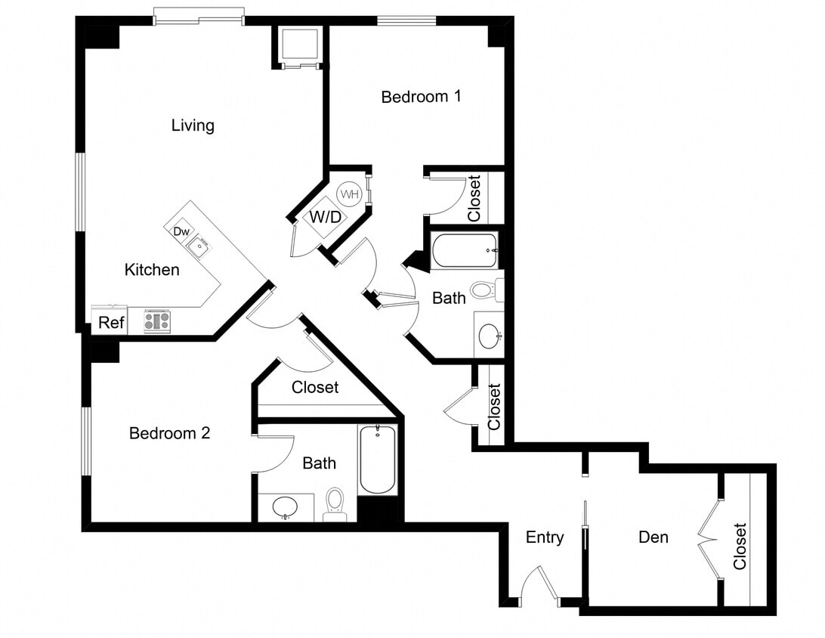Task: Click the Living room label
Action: click(x=193, y=125)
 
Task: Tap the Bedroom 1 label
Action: click(x=421, y=97)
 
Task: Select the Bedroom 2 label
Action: click(x=169, y=433)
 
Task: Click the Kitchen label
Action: click(x=152, y=269)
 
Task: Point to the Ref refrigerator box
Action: click(x=110, y=322)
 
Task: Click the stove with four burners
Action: click(x=156, y=321)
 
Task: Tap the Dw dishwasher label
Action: click(x=181, y=231)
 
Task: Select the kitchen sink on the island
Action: click(x=199, y=246)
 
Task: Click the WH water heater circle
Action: click(x=349, y=194)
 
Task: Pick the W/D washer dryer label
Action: click(x=325, y=218)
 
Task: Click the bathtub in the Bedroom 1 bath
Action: click(x=464, y=250)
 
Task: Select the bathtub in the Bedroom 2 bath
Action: click(x=378, y=460)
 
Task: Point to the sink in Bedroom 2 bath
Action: click(x=285, y=506)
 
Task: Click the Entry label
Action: click(x=545, y=537)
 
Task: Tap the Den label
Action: click(x=654, y=537)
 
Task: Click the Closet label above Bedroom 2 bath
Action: click(x=315, y=387)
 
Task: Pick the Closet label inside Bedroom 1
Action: click(x=474, y=198)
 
